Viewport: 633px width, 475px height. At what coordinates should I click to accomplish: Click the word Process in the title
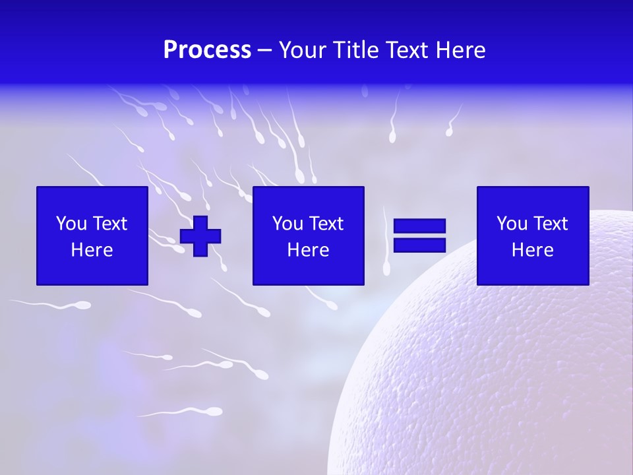[207, 50]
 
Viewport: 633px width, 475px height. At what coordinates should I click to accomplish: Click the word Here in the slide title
[461, 50]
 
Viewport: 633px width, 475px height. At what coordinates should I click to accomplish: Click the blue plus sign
[200, 236]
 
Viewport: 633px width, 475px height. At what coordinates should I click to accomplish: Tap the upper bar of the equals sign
[420, 226]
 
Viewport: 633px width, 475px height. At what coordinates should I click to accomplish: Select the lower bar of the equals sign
[420, 245]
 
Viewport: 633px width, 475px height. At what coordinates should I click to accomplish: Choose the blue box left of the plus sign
[92, 236]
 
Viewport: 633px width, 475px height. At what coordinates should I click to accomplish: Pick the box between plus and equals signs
[309, 236]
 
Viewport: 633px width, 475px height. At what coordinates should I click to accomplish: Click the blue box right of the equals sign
[533, 236]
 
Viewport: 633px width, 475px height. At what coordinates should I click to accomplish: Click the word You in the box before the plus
[71, 224]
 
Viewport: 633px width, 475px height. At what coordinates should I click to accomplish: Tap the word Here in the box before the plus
[92, 250]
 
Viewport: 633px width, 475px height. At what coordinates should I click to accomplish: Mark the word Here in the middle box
[309, 250]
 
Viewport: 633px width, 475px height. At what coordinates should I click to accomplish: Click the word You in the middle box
[287, 224]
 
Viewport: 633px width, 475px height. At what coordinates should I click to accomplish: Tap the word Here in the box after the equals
[533, 250]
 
